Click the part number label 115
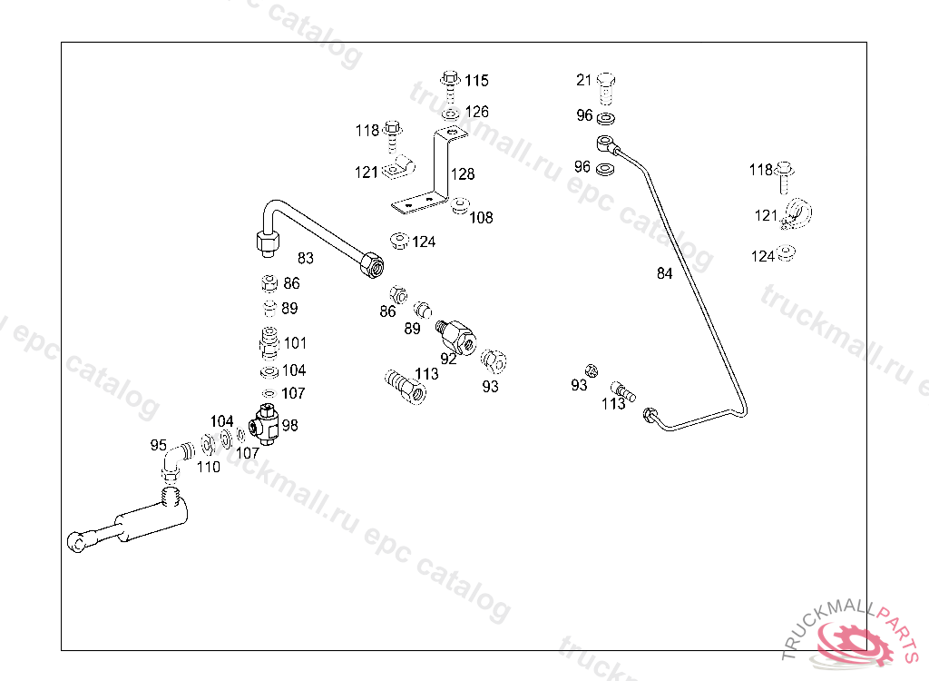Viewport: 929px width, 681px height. click(x=476, y=81)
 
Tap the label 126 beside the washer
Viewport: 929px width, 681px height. click(x=476, y=112)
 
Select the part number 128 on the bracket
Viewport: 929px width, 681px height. click(x=463, y=174)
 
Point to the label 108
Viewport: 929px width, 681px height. click(x=481, y=218)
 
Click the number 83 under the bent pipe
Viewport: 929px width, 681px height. click(x=306, y=259)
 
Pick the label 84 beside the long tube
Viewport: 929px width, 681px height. click(x=665, y=273)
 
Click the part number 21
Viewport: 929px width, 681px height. click(x=583, y=81)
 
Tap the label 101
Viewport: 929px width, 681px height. click(x=295, y=343)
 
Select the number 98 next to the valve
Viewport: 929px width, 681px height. click(x=289, y=425)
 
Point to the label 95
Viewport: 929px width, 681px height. click(x=159, y=445)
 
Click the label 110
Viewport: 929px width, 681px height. click(x=209, y=467)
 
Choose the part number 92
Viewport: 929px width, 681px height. click(x=448, y=359)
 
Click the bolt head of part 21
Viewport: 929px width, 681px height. click(x=607, y=82)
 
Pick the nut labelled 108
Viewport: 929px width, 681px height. click(x=460, y=204)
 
